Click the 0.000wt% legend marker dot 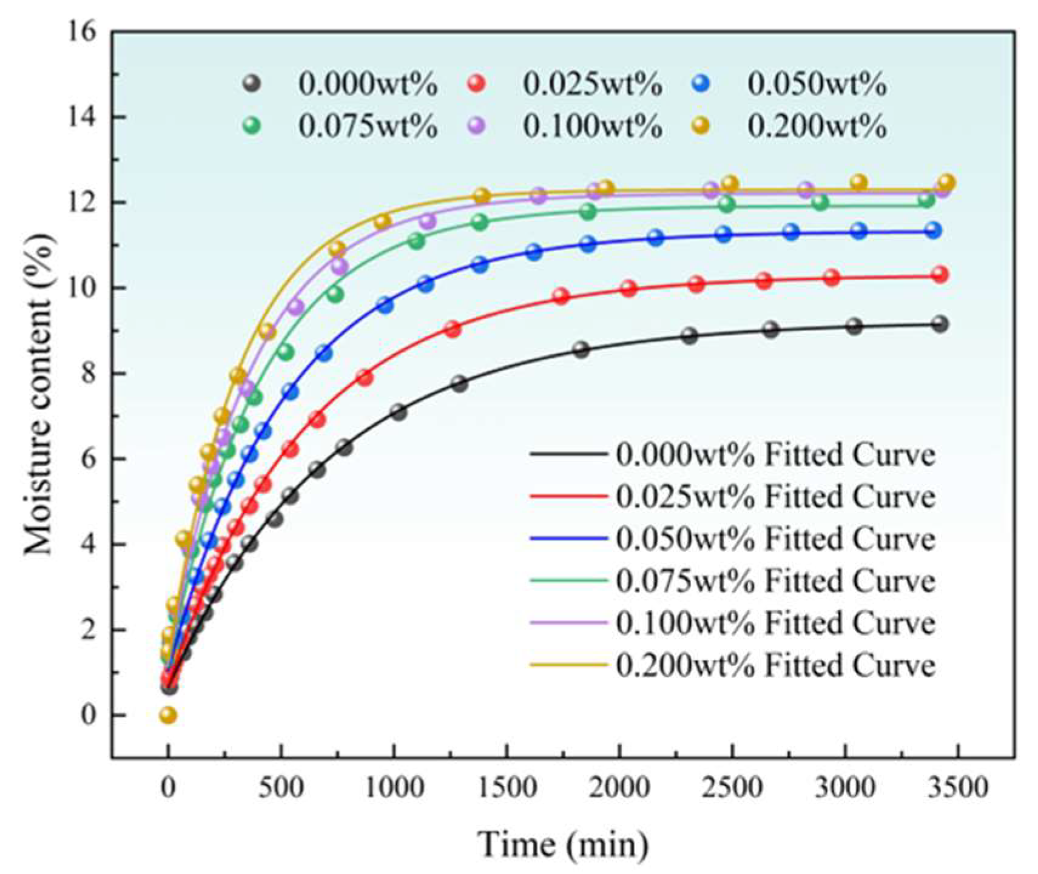point(252,84)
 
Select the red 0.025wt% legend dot point(477,84)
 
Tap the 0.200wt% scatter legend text point(817,127)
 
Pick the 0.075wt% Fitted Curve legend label point(775,580)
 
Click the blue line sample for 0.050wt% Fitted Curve point(568,538)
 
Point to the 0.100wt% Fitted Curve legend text point(775,623)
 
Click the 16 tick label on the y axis point(84,32)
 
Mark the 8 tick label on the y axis point(89,374)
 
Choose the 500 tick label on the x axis point(281,788)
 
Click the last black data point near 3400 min point(940,324)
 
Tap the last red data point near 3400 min point(940,275)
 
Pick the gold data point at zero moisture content point(168,716)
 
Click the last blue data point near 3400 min point(934,230)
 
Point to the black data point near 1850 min point(581,349)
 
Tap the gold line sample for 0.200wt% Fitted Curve point(568,665)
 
